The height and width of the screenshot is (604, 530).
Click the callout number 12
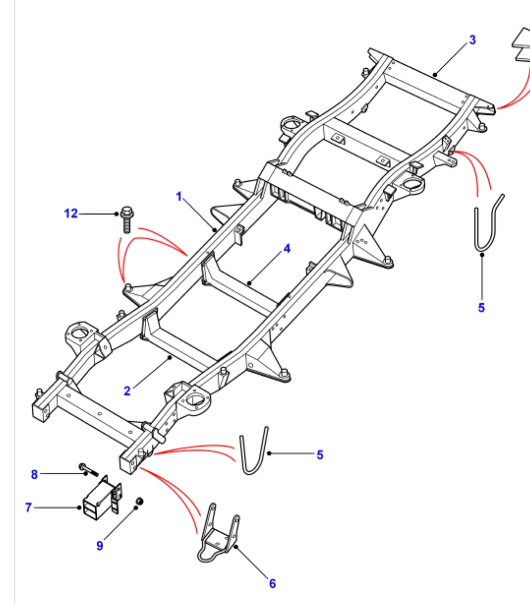(x=71, y=214)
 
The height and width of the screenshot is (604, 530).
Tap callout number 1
(x=179, y=197)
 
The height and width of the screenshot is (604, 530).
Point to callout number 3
(x=473, y=40)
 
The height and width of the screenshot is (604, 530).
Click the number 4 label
(x=287, y=248)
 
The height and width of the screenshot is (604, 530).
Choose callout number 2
(x=127, y=391)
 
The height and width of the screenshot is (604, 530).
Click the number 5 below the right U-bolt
(x=481, y=307)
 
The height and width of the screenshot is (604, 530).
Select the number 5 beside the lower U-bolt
(x=320, y=455)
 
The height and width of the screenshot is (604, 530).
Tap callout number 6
(x=272, y=583)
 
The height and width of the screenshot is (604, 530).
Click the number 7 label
(x=28, y=507)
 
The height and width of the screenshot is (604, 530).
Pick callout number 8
(x=34, y=474)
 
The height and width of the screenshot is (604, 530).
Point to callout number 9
(x=100, y=546)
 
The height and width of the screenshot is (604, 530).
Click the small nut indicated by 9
(x=139, y=501)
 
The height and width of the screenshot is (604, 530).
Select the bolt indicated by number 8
(x=87, y=469)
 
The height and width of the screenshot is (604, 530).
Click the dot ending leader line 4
(x=249, y=283)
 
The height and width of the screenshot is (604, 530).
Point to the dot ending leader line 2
(x=170, y=358)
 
